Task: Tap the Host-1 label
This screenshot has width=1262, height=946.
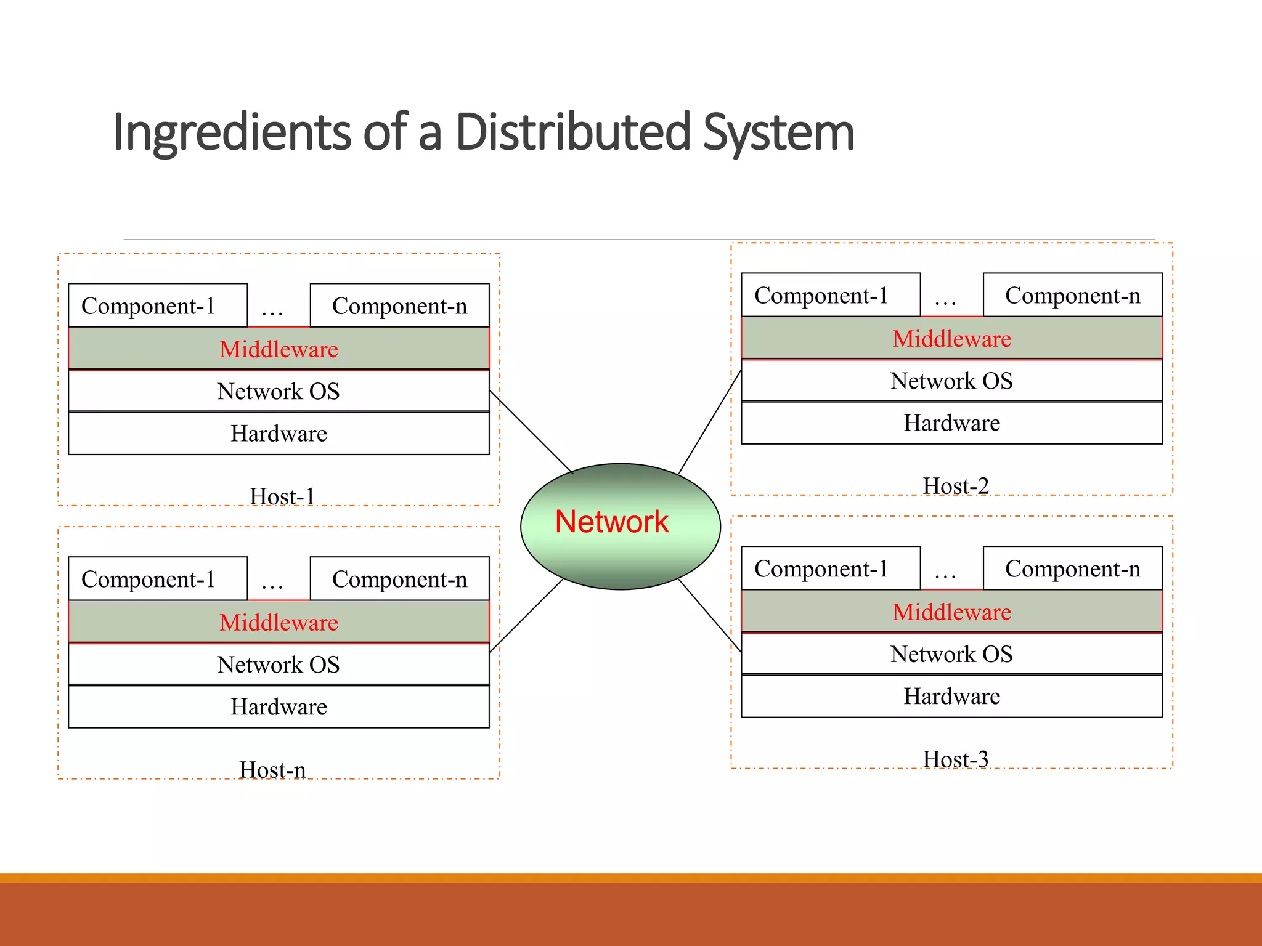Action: click(282, 496)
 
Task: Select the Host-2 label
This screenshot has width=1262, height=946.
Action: click(955, 486)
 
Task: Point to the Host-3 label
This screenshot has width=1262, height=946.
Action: click(955, 759)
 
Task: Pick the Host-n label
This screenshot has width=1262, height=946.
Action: click(272, 770)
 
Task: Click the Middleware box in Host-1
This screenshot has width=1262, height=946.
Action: click(279, 349)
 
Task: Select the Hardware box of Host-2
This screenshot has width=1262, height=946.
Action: click(951, 423)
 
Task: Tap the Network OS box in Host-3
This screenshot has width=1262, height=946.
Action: click(951, 654)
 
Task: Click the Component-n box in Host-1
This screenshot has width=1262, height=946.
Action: click(399, 305)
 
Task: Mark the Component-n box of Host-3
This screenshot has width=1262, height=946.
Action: click(1072, 568)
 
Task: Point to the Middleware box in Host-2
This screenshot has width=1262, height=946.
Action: click(951, 339)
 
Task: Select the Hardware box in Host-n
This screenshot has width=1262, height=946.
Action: click(279, 707)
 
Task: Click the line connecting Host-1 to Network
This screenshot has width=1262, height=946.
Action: click(531, 432)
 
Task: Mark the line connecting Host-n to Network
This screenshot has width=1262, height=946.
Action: click(526, 615)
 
